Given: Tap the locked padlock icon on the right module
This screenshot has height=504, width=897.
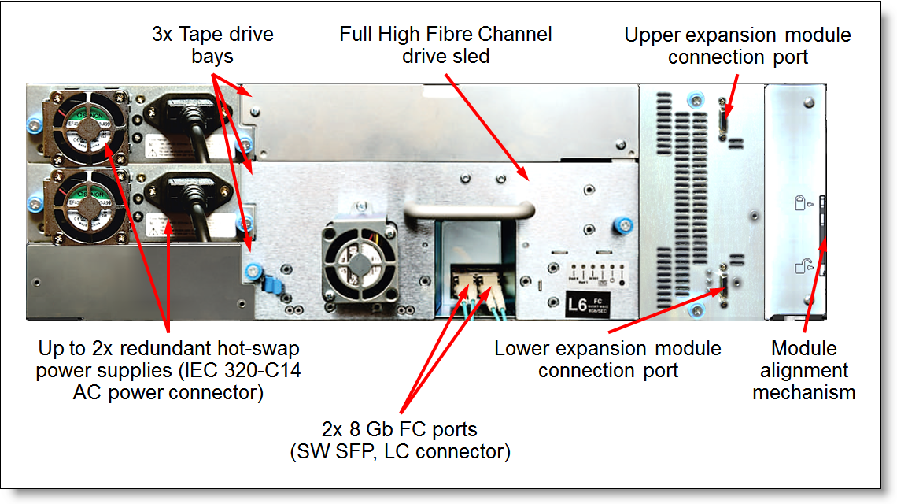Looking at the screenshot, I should (800, 206).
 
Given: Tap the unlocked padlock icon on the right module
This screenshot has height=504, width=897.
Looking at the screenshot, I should (801, 267).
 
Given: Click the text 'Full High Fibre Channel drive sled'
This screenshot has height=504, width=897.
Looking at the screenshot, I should (445, 45).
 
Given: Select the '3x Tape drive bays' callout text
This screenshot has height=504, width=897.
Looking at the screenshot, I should (212, 45).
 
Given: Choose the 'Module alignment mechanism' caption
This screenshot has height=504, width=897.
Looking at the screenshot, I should (803, 369).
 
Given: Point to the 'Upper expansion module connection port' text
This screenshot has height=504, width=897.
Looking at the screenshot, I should (737, 46).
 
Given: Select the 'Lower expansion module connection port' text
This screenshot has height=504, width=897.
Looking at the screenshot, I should (607, 358).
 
